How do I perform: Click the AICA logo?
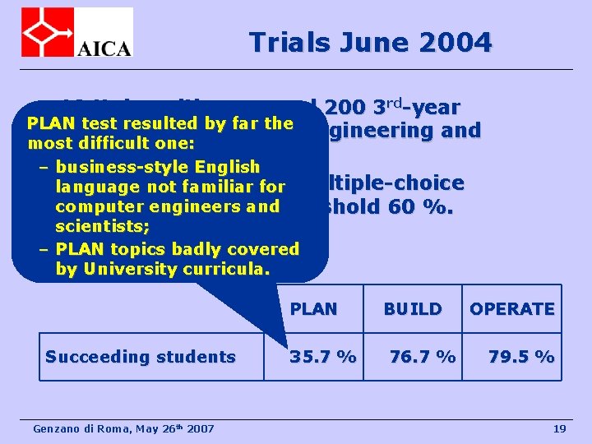76,33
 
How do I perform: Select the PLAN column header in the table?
313,309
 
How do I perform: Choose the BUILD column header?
413,309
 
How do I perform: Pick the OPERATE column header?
511,309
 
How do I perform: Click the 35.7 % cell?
323,357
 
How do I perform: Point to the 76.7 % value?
423,357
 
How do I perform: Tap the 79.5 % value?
521,357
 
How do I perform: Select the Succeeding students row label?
141,357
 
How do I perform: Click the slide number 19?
560,429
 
